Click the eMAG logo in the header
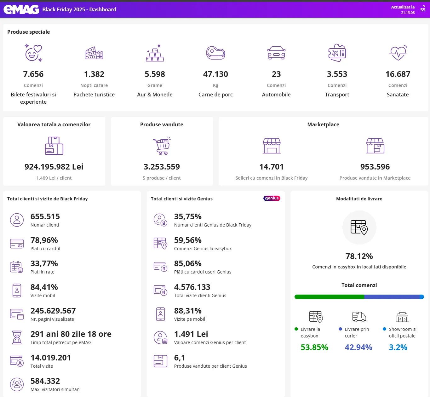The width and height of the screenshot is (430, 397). click(21, 9)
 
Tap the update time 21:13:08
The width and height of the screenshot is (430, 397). click(408, 13)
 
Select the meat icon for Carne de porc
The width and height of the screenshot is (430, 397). click(215, 53)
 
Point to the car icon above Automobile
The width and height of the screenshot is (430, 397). click(276, 53)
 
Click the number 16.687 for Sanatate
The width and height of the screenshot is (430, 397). click(398, 74)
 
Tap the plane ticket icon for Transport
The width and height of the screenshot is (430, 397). click(337, 53)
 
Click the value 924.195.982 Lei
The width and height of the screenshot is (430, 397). click(54, 167)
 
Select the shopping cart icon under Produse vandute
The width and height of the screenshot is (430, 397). click(162, 146)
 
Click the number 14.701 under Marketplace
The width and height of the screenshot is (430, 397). click(271, 167)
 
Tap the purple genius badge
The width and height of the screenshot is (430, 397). click(272, 198)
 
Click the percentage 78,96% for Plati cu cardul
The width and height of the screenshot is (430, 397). click(44, 240)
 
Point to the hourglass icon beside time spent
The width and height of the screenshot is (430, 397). click(17, 337)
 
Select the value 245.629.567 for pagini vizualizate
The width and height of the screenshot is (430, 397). click(53, 311)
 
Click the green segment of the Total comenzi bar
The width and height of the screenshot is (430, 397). click(329, 297)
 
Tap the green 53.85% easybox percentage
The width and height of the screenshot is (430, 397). click(314, 347)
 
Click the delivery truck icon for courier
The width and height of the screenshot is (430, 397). click(359, 317)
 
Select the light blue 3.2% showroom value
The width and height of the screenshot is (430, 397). click(398, 347)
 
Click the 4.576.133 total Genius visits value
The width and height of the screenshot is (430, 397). click(192, 287)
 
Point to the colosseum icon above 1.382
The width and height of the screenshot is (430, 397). click(94, 53)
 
